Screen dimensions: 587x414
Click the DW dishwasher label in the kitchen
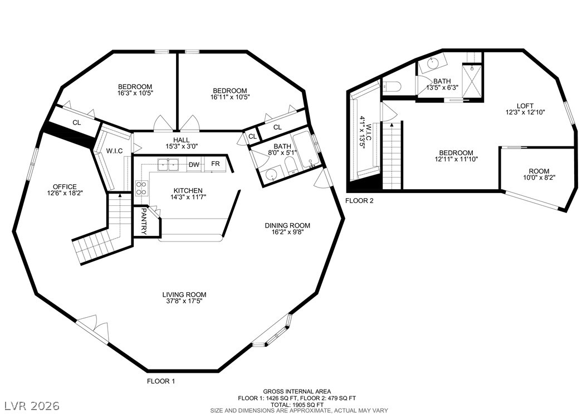[194, 165]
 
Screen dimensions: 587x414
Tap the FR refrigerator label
[216, 164]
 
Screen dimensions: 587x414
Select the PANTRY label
[143, 221]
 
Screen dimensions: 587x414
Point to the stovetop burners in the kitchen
[141, 188]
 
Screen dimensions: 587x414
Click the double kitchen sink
[168, 165]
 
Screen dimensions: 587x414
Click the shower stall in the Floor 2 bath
[472, 81]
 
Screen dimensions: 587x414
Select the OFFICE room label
[65, 186]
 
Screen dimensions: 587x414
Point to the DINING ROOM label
[287, 225]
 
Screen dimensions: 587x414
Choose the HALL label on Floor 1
[181, 140]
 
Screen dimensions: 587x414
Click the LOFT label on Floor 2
[524, 106]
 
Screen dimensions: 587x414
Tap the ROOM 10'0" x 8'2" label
[539, 174]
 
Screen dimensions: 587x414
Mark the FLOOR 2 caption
[359, 201]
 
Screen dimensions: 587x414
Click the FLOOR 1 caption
[161, 382]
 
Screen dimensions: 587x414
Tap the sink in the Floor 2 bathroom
[432, 65]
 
